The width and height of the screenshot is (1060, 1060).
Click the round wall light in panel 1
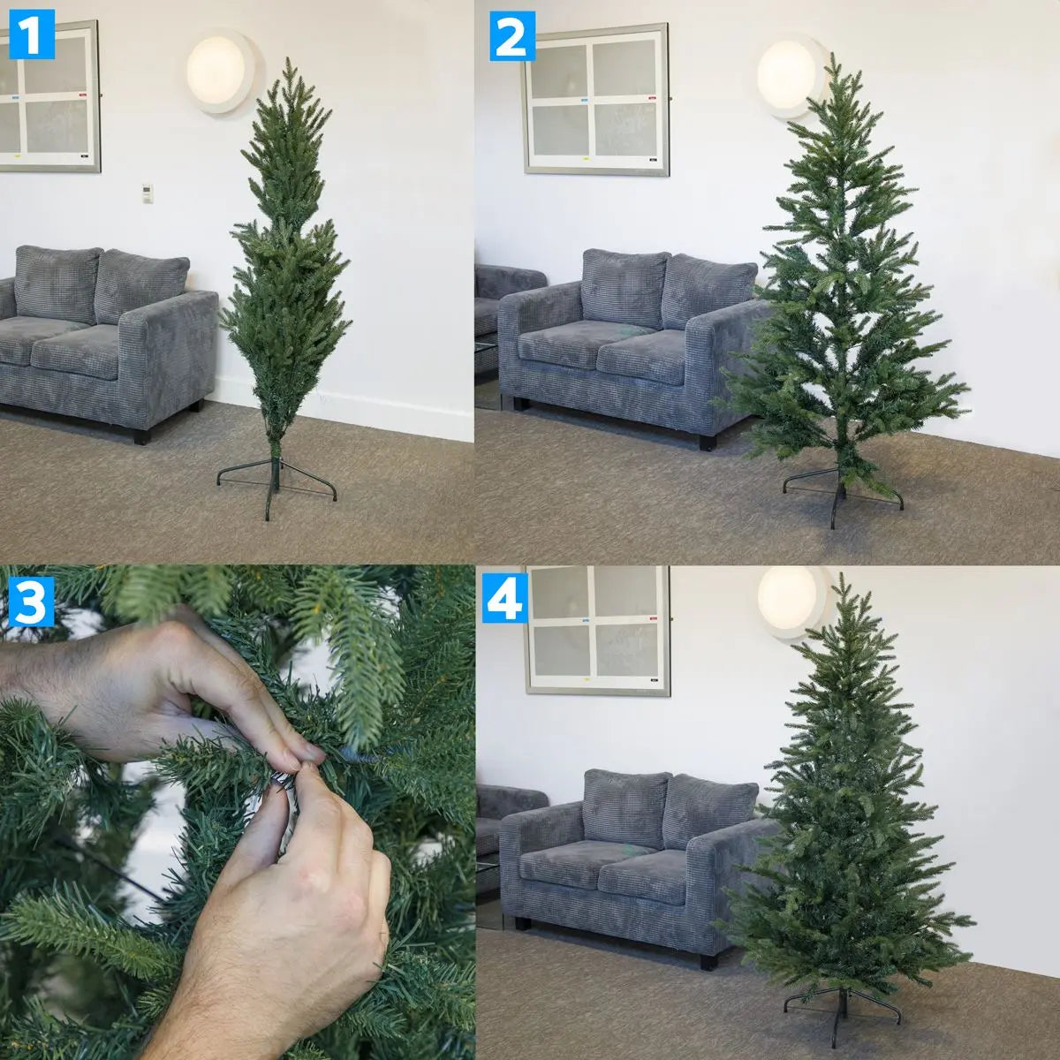[x=221, y=71]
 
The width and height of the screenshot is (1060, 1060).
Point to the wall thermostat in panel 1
[x=147, y=193]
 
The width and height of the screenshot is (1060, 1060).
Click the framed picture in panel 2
[x=596, y=99]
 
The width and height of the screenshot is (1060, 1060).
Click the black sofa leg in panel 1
[x=140, y=435]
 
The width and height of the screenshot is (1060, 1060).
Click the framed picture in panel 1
[x=49, y=97]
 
